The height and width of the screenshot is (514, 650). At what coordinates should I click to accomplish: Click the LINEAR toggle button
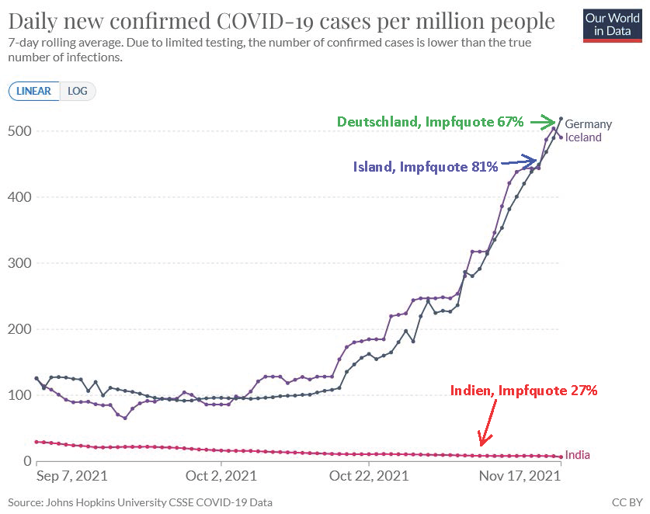34,91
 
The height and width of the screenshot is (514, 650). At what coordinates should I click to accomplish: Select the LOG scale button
78,91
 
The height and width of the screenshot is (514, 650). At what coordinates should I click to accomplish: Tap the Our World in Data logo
612,26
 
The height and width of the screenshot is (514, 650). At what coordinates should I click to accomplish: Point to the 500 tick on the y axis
19,131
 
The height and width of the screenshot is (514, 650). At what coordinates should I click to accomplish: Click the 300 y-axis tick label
19,262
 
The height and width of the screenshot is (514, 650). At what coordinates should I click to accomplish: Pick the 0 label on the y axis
27,460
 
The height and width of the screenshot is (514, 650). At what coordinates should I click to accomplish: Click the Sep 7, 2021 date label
72,476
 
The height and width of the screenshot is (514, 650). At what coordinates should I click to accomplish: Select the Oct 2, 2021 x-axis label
221,476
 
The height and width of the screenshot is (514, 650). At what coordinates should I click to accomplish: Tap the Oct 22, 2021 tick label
369,476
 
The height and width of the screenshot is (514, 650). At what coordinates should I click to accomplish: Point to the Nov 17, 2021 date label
520,476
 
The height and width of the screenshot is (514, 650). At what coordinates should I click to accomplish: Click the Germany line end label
588,124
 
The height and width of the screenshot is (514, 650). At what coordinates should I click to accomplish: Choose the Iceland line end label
583,137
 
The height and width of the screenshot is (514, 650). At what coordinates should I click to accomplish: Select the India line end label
578,455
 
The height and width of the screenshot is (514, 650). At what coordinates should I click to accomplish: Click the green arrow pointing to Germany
543,122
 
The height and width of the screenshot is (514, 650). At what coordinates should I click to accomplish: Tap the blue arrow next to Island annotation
519,161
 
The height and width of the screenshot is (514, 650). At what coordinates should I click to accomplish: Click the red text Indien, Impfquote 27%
523,391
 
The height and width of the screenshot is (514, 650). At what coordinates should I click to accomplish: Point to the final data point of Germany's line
561,119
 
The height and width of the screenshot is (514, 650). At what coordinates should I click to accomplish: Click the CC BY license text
627,502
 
